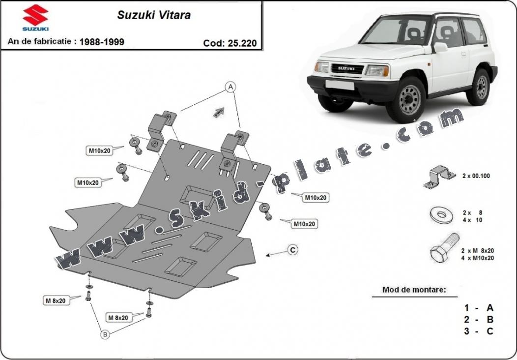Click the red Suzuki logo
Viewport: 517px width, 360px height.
(x=35, y=16)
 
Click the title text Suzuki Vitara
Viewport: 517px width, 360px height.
(x=154, y=15)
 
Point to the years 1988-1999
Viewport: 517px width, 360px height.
(x=102, y=42)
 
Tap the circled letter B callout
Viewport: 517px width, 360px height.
(x=105, y=335)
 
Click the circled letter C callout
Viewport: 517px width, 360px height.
(x=292, y=250)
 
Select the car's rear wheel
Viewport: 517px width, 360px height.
(x=480, y=87)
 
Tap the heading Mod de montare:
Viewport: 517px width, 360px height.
(x=414, y=290)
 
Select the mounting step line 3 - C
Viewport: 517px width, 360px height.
(x=478, y=331)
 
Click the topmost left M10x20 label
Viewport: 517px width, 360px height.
(x=100, y=151)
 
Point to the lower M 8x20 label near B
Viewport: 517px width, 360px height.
(x=117, y=318)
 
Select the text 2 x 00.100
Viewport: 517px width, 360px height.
(x=476, y=176)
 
